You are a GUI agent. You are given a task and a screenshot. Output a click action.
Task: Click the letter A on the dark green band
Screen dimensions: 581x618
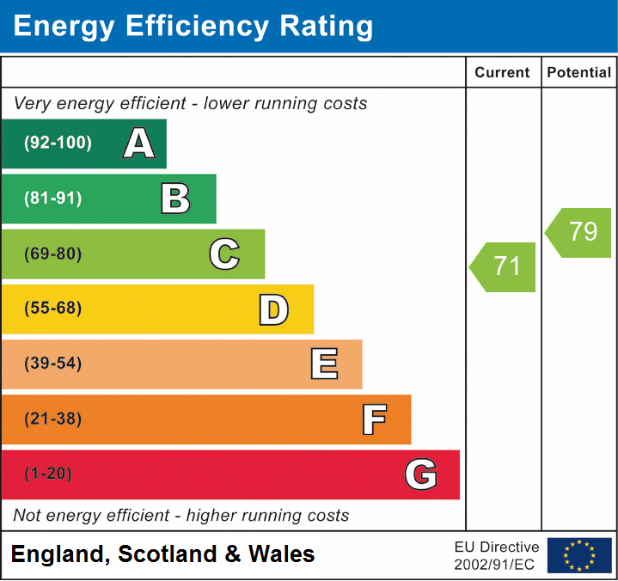(x=139, y=144)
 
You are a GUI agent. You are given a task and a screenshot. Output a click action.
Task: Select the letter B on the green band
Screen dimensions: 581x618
(x=175, y=199)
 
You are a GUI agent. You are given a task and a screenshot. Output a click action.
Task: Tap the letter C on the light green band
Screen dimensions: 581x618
(x=224, y=254)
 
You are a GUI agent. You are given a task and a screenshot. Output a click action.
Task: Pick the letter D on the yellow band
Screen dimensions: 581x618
(x=273, y=309)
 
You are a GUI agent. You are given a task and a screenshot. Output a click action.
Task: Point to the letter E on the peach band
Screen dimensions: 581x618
(x=323, y=364)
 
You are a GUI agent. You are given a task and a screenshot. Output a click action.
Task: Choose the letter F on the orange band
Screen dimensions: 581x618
(x=374, y=419)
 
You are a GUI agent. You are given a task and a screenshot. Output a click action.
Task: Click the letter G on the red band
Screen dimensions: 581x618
(x=420, y=474)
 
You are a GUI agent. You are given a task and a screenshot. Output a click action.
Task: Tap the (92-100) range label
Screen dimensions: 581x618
(x=58, y=144)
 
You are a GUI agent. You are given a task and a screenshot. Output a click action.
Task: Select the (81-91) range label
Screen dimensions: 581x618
(x=54, y=199)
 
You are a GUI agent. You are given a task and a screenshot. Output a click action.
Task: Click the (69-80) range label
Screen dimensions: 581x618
(x=54, y=254)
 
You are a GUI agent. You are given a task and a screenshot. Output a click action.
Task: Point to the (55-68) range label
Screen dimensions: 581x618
(x=54, y=309)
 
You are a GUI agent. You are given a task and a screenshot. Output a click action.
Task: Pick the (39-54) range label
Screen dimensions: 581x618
(x=54, y=364)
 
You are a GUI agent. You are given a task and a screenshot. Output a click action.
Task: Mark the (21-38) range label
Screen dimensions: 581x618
(x=54, y=419)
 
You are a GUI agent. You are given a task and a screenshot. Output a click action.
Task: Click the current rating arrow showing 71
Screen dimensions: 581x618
(x=505, y=266)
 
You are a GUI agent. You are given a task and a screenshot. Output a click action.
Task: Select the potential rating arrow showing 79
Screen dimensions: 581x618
(x=580, y=232)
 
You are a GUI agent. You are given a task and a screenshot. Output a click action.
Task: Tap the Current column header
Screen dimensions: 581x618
(x=504, y=73)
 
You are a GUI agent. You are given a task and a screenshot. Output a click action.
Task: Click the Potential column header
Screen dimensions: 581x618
(x=579, y=73)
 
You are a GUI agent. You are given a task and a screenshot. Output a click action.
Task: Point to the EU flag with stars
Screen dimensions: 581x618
(x=579, y=555)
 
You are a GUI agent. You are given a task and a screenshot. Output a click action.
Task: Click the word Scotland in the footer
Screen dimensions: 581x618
(x=166, y=554)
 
